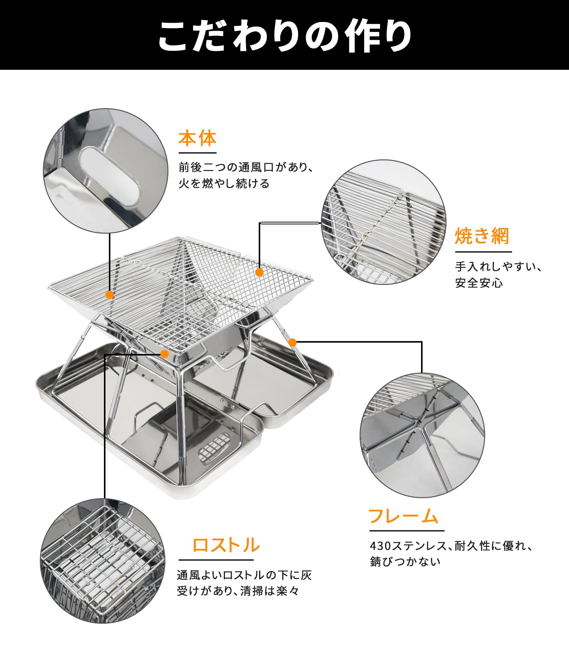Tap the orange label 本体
197,138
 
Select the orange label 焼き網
482,236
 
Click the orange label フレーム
403,516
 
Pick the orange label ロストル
226,545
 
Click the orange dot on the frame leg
292,343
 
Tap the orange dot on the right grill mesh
259,272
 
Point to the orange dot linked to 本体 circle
110,295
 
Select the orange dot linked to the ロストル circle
165,354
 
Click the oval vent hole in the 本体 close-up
109,176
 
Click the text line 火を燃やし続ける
224,184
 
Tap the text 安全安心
479,283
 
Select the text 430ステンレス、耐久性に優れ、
452,546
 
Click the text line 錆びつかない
405,562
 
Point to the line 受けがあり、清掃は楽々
238,591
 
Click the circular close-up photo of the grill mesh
384,222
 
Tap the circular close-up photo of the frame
422,435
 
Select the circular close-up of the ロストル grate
102,561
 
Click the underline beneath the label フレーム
407,531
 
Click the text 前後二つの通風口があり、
246,167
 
